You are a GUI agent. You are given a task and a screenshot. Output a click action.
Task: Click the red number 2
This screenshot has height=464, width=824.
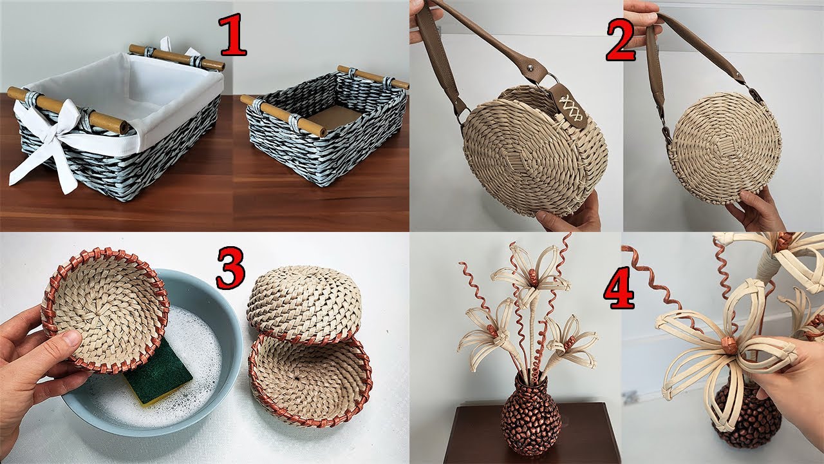click(620, 39)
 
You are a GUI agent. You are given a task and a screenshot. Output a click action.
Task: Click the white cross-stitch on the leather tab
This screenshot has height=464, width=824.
click(567, 104)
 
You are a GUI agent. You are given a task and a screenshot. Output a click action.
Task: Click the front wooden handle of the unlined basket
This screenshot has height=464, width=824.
click(283, 116)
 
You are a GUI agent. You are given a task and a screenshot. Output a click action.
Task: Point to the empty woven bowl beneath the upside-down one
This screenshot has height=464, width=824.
click(309, 380)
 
